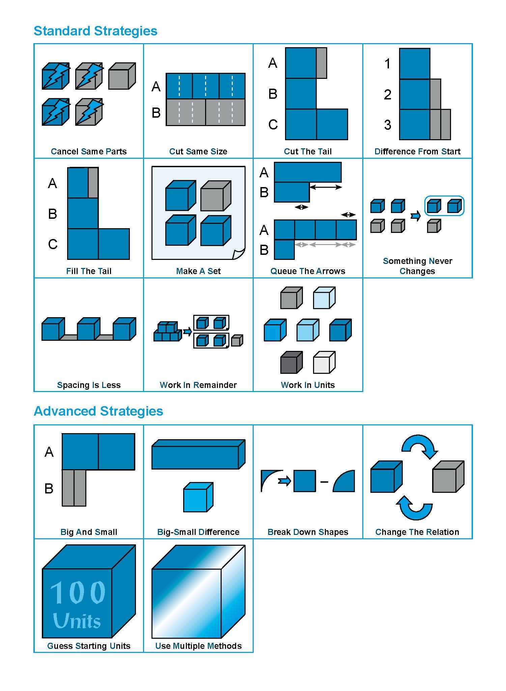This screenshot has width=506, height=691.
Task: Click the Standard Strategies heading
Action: (95, 31)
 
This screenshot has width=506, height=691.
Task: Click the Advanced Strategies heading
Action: (98, 411)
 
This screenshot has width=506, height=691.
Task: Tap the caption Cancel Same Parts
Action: (89, 151)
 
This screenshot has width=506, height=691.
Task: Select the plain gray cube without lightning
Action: (121, 76)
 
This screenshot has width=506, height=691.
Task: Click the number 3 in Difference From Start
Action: (388, 125)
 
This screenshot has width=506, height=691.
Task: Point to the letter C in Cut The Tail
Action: (273, 125)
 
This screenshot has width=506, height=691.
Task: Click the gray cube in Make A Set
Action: (215, 196)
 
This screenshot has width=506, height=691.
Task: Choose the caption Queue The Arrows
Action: (308, 271)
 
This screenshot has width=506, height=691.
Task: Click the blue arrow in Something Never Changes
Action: (416, 216)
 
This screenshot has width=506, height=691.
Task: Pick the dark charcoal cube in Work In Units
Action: (291, 363)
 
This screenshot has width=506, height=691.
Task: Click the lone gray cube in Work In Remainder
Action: (237, 340)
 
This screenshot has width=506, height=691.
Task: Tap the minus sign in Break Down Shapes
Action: (324, 482)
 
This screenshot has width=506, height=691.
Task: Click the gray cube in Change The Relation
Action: (448, 477)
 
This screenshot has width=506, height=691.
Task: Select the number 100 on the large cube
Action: (78, 593)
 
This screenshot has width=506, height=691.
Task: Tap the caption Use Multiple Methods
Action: (198, 646)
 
